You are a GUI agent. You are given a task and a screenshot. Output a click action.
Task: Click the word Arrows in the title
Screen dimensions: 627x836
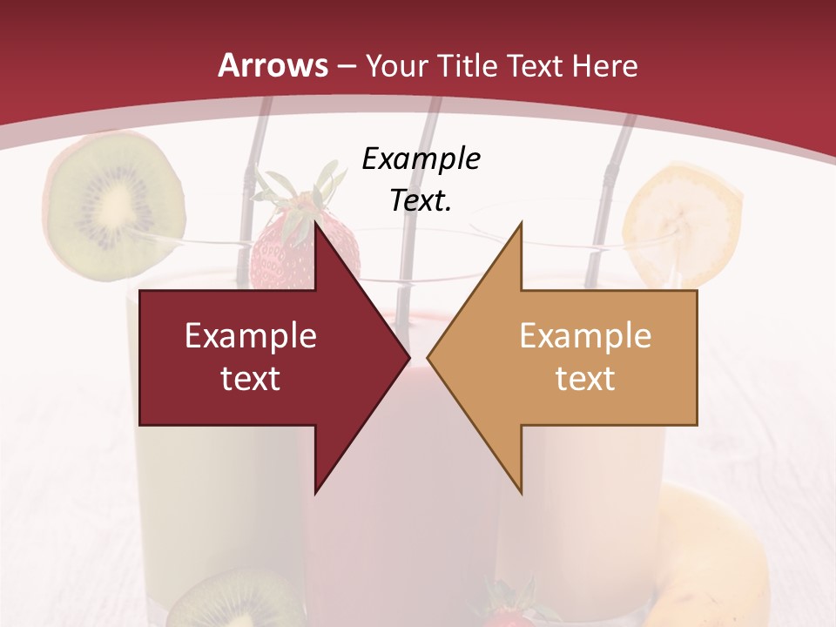pos(273,65)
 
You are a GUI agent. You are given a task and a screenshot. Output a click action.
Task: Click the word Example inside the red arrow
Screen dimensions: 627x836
pos(251,336)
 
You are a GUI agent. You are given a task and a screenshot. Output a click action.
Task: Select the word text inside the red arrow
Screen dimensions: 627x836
pos(251,379)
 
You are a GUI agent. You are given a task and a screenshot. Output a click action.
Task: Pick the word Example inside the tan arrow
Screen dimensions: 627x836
pos(585,336)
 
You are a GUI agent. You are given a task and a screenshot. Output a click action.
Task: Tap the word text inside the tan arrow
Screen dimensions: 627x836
pos(585,379)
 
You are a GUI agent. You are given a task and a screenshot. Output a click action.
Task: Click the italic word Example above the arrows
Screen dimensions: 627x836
pos(421,159)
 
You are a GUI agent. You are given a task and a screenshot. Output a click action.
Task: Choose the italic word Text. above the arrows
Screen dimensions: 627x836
pos(421,201)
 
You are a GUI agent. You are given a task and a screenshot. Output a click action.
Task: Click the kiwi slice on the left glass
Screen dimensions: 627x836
pos(114,205)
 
